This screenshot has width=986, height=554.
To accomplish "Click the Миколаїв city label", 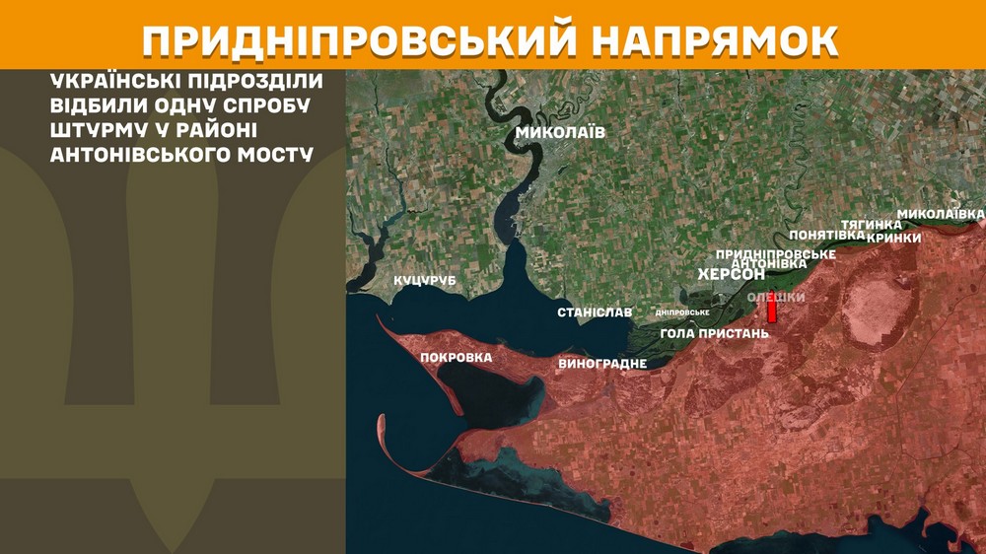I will point(560,132).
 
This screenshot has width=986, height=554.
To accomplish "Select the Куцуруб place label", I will point(425,282).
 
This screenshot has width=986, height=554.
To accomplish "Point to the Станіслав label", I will point(595,312).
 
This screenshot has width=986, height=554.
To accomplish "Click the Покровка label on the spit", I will point(456,357).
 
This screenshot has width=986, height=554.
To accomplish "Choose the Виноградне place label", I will point(602,364).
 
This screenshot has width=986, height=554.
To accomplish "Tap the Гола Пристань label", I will point(714,333).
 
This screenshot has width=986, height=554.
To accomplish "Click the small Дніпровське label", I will point(682,312).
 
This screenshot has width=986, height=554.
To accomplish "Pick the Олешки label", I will point(776,298).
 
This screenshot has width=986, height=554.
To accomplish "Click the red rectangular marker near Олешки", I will point(772,312).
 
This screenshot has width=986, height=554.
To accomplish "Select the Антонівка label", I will point(771,264).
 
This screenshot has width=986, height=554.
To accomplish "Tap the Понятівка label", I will point(827,236).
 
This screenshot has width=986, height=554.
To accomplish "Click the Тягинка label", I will point(871,225).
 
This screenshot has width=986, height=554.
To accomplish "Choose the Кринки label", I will point(893,238).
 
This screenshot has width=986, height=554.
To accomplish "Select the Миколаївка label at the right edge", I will point(941,214).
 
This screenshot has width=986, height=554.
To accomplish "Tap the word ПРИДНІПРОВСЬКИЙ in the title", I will point(359,38).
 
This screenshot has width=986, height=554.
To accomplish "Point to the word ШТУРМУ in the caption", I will point(94,130).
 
